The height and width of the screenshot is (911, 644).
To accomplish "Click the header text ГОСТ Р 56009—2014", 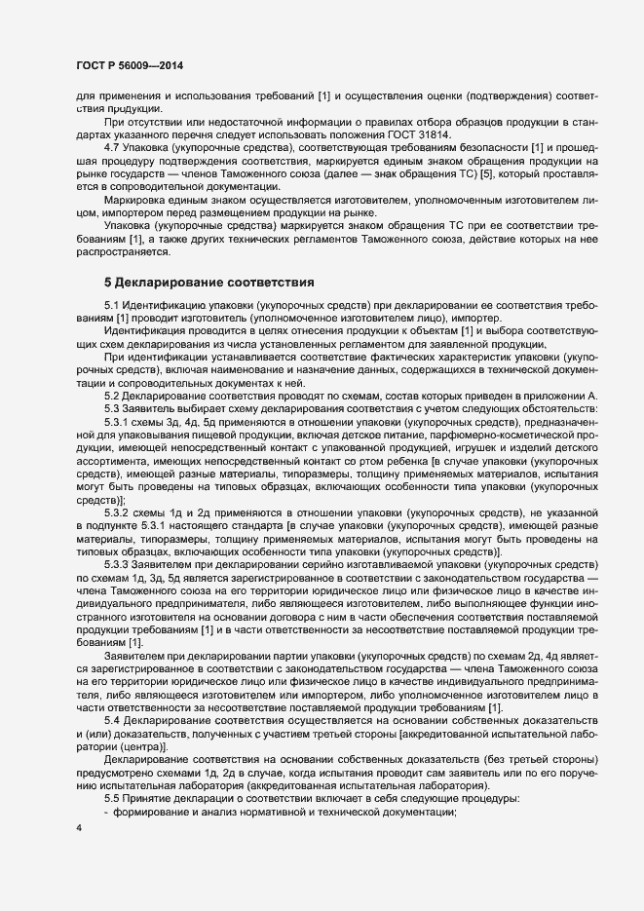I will [129, 65].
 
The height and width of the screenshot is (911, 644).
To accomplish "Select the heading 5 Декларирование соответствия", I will [208, 283].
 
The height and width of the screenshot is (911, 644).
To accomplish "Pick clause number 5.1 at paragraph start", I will [114, 308].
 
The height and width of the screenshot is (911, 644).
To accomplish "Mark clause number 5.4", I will [114, 719].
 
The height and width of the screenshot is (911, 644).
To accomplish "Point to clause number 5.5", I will [114, 796].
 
